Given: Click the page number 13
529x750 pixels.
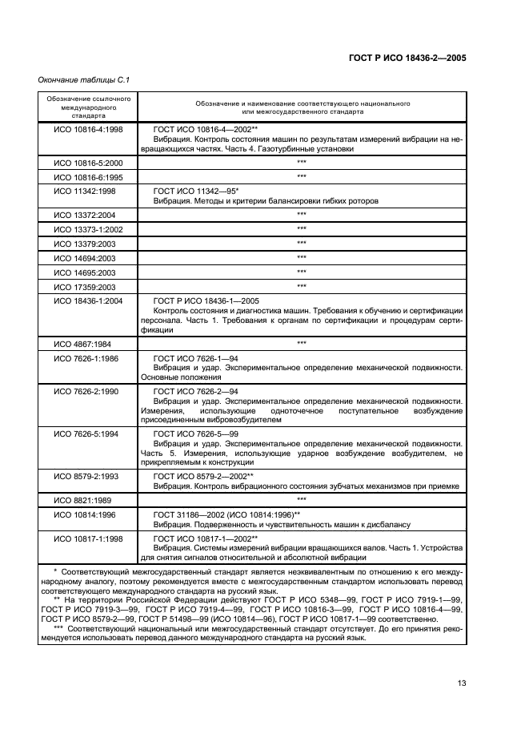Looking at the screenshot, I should [x=462, y=683].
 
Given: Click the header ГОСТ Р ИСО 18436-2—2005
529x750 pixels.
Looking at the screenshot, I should [x=407, y=58].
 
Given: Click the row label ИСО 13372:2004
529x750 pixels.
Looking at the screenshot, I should [x=86, y=215].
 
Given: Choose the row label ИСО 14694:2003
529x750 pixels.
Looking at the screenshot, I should [x=86, y=257].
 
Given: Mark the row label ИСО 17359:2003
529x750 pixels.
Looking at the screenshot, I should [x=86, y=285].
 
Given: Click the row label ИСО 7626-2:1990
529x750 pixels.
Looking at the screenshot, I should [x=86, y=391].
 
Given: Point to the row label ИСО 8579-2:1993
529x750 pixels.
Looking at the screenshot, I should [x=86, y=475].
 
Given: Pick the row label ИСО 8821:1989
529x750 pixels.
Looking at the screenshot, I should [x=82, y=498].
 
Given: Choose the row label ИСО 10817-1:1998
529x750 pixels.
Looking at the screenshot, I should [x=88, y=538].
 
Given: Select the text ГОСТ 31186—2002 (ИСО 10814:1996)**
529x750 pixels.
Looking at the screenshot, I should [x=226, y=513].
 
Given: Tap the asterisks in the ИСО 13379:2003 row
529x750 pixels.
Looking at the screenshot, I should [x=302, y=243].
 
